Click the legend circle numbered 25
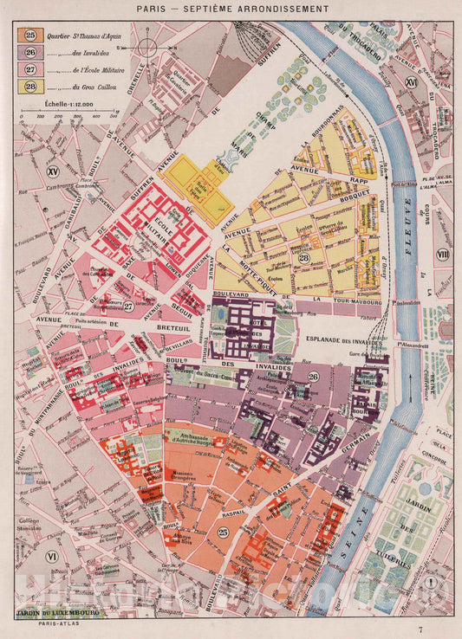[x=31, y=35]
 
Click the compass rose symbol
[x=149, y=48]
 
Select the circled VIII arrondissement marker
[x=444, y=254]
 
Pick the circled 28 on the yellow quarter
[x=303, y=258]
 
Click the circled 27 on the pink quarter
[x=127, y=305]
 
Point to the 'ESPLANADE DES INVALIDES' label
[x=347, y=339]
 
